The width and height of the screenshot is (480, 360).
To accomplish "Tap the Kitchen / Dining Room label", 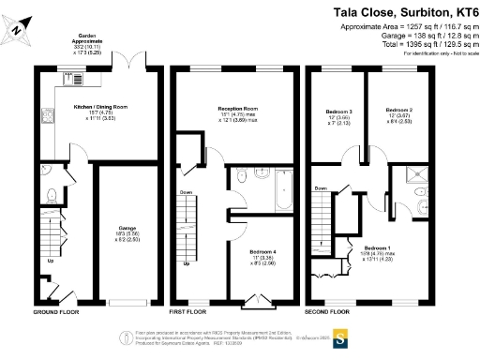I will coord(100,107).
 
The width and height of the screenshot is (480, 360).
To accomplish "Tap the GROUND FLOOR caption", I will coord(59,310).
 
